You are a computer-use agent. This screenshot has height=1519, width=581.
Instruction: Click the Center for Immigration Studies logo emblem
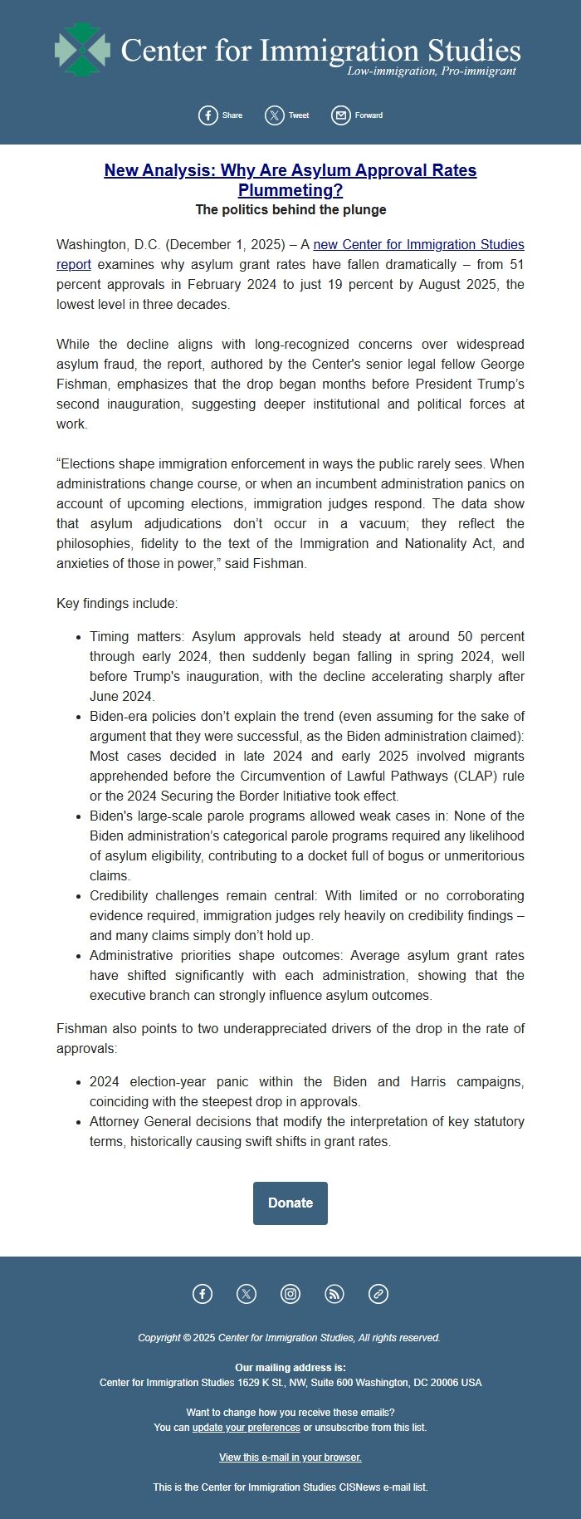click(82, 50)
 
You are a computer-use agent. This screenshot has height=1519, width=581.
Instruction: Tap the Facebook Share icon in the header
click(208, 115)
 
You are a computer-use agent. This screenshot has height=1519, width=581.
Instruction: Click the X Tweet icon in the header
click(275, 115)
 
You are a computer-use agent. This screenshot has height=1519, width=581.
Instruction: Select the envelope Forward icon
click(341, 115)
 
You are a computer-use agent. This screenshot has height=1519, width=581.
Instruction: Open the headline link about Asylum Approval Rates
click(290, 179)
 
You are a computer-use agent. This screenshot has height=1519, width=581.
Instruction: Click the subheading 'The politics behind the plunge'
click(290, 209)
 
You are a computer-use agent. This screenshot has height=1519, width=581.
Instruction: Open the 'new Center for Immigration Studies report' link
click(418, 244)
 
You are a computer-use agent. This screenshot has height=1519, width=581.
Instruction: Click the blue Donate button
click(290, 1203)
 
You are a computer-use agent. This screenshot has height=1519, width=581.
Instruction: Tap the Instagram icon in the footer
click(290, 1293)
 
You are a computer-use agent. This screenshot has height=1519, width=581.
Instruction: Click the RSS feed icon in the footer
click(334, 1293)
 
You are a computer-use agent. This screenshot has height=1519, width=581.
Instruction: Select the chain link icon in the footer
click(378, 1293)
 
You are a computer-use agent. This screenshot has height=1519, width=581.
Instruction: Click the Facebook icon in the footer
click(203, 1293)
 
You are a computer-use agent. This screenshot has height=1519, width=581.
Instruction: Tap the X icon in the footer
click(247, 1293)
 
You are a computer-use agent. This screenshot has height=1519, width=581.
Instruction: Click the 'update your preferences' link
click(246, 1427)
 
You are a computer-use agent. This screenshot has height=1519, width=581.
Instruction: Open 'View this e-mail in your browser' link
click(290, 1457)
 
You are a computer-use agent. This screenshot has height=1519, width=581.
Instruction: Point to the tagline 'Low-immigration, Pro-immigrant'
click(432, 71)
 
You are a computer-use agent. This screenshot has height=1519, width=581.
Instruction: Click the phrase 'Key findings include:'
click(117, 603)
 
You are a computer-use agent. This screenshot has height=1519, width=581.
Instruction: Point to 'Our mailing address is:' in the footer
click(290, 1367)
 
